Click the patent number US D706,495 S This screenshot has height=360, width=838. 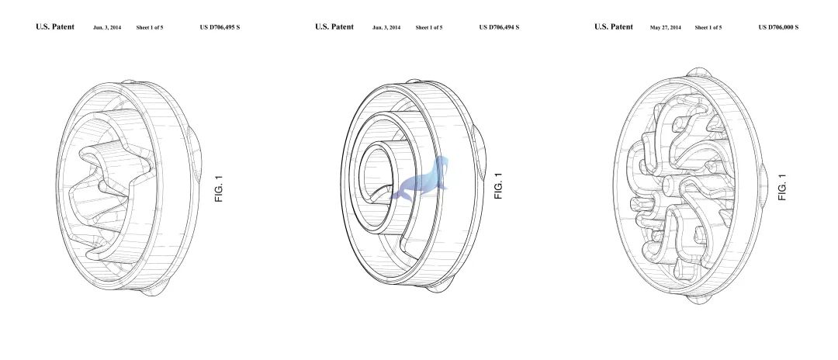(x=220, y=27)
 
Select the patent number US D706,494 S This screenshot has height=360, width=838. (x=499, y=27)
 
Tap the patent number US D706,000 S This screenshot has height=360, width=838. (x=778, y=27)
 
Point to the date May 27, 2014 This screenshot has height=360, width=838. (x=666, y=27)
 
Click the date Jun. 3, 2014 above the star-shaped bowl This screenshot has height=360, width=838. (x=107, y=27)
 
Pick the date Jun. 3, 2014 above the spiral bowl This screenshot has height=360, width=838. (x=386, y=27)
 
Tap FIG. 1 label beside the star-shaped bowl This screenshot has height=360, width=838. (x=219, y=189)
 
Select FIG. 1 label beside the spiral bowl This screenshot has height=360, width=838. (x=498, y=186)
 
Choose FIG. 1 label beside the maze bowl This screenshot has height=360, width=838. (x=782, y=188)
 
